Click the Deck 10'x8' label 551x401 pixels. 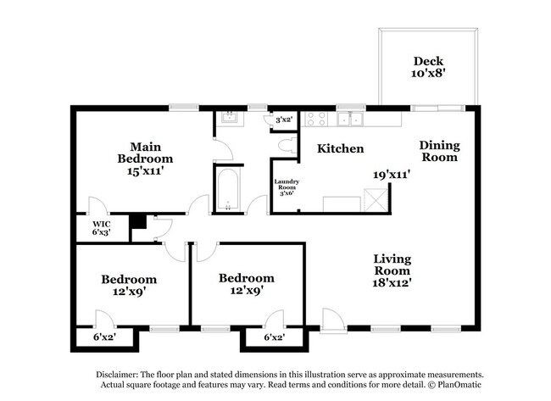tap(428, 67)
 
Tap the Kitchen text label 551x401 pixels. tap(341, 149)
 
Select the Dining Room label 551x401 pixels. tap(439, 151)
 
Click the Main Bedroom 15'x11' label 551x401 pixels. tap(145, 159)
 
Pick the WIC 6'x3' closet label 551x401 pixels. tap(100, 226)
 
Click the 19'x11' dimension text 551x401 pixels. tap(392, 175)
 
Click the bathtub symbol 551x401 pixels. tap(227, 189)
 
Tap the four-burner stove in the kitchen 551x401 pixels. tap(315, 119)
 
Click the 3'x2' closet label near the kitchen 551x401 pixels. tap(282, 120)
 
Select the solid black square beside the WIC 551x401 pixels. tap(136, 223)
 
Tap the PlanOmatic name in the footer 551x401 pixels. tap(458, 386)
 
